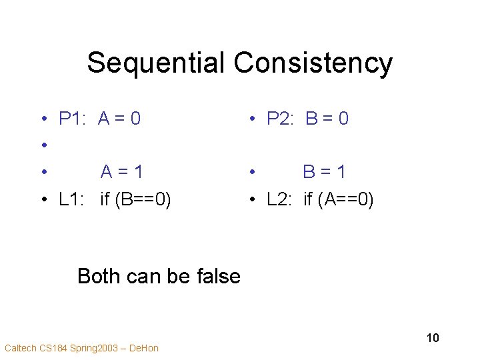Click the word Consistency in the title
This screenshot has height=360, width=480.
(313, 63)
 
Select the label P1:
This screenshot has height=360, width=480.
(73, 119)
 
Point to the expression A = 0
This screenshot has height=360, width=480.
(119, 119)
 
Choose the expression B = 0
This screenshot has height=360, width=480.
(327, 119)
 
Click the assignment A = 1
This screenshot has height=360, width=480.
(122, 172)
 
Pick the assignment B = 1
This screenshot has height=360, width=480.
(325, 172)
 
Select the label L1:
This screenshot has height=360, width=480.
(73, 199)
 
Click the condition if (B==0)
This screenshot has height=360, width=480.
(136, 199)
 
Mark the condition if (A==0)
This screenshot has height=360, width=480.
(339, 199)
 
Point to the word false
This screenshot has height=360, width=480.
(215, 276)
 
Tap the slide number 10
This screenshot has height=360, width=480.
(433, 338)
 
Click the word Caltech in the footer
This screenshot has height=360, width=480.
(19, 348)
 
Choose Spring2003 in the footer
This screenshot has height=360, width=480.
(95, 348)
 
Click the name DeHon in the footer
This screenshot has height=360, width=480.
(144, 348)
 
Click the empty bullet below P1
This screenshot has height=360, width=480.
(42, 146)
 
